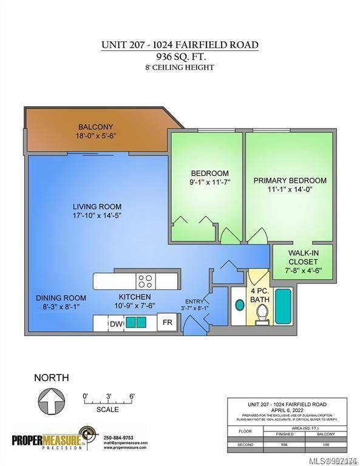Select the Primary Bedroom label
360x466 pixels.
click(290, 180)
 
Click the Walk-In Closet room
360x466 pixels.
click(302, 261)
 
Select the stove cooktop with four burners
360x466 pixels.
click(144, 281)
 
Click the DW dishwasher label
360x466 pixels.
click(115, 324)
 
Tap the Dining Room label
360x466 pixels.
click(61, 298)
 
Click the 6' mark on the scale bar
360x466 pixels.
click(131, 396)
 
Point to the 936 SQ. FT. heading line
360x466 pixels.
click(180, 57)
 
